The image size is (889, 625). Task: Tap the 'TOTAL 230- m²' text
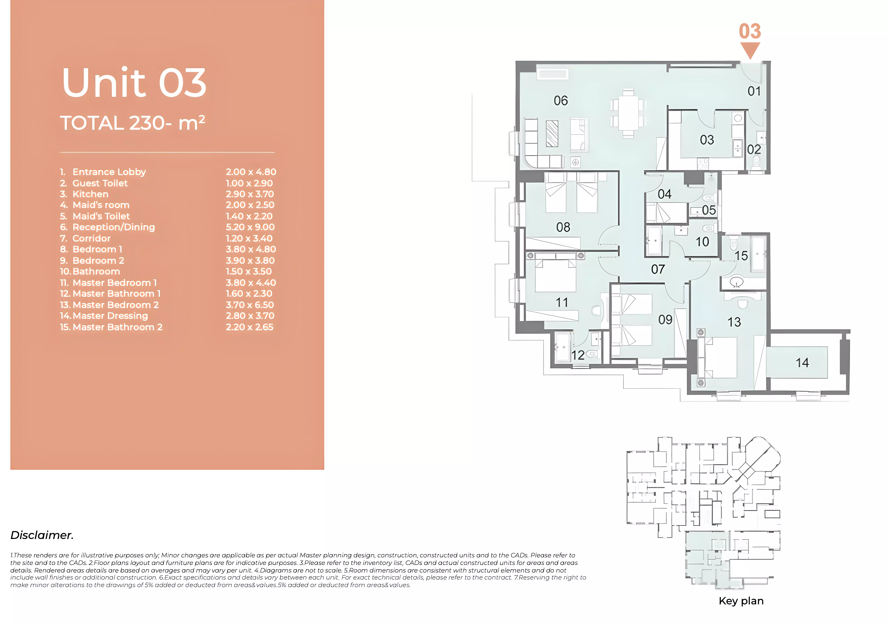click(132, 123)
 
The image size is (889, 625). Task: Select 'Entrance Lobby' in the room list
click(109, 172)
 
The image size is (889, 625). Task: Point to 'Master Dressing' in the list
click(110, 316)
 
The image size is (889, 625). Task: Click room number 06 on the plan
click(561, 101)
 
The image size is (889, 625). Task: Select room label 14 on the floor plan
click(802, 363)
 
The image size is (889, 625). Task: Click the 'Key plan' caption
click(741, 601)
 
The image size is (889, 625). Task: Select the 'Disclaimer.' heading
click(42, 535)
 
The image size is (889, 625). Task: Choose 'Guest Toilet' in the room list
click(100, 183)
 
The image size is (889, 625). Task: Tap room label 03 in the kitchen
click(707, 140)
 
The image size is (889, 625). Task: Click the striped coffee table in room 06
click(552, 134)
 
